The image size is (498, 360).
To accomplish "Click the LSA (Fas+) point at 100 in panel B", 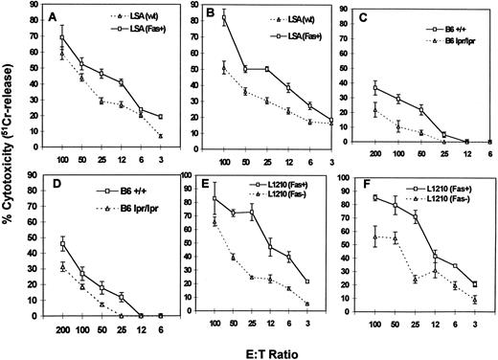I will point(224,18).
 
